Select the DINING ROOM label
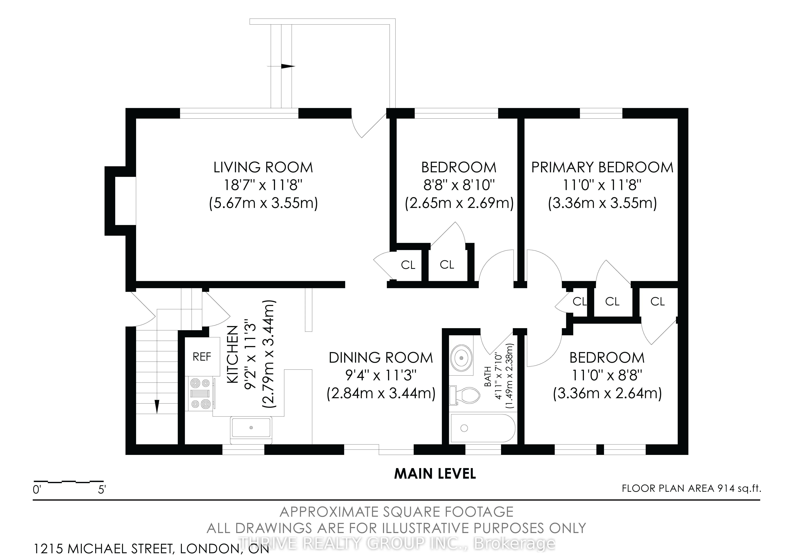(381, 358)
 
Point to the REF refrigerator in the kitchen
(202, 357)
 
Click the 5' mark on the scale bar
(102, 490)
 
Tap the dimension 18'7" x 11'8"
(263, 185)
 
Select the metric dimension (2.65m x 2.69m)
(459, 203)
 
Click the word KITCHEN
(233, 355)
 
